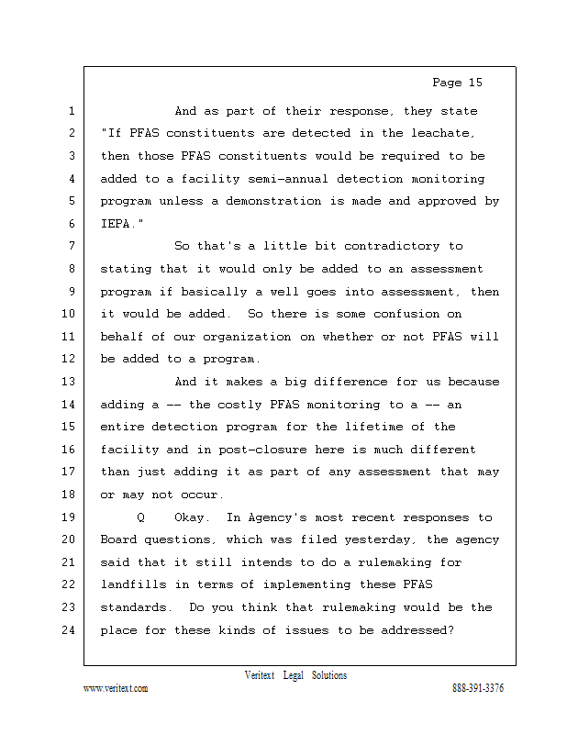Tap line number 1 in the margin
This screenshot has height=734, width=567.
tap(71, 111)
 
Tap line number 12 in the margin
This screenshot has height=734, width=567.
tap(68, 359)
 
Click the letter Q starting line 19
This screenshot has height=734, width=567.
tap(140, 517)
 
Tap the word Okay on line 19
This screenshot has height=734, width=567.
tap(192, 517)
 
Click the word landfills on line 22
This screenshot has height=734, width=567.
tap(134, 584)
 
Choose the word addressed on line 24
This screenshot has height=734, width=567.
tap(411, 629)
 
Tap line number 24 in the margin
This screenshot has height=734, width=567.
tap(68, 629)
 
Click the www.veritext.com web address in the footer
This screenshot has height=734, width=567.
tap(116, 689)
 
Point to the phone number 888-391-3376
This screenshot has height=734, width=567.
tap(477, 689)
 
